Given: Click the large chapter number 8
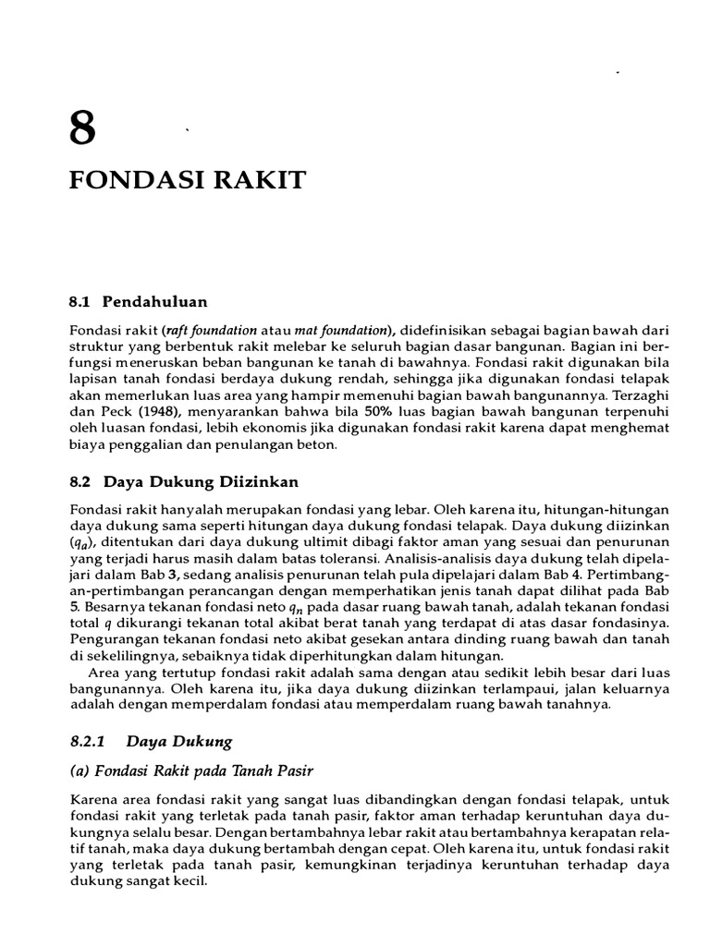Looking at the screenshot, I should pyautogui.click(x=82, y=128).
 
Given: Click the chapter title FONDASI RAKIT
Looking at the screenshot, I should pyautogui.click(x=187, y=180).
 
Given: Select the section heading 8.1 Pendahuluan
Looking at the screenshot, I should pyautogui.click(x=139, y=301).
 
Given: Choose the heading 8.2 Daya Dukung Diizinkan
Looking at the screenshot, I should pyautogui.click(x=185, y=482).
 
